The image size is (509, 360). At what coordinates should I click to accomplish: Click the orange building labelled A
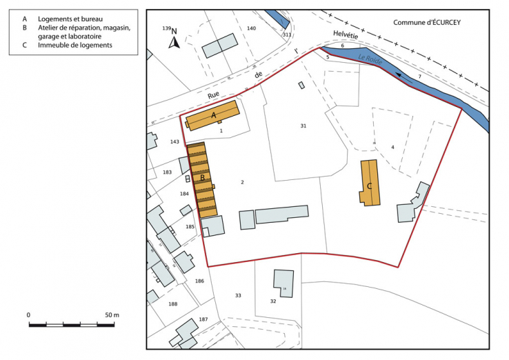(x=212, y=115)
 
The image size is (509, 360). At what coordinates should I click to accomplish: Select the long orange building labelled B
(x=202, y=179)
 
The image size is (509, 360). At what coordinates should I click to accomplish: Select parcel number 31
(x=303, y=126)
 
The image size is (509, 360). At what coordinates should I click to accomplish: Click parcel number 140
(x=251, y=28)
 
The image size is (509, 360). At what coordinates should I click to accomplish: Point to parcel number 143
(x=174, y=141)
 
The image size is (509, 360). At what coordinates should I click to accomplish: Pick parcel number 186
(x=200, y=281)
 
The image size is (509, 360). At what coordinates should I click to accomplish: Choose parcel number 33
(x=238, y=295)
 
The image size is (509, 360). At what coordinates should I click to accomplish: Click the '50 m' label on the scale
(x=111, y=314)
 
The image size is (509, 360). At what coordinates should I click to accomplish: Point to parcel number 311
(x=287, y=34)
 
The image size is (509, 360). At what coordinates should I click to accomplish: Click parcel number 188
(x=172, y=304)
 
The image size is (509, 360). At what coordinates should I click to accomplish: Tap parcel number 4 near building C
(x=392, y=147)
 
